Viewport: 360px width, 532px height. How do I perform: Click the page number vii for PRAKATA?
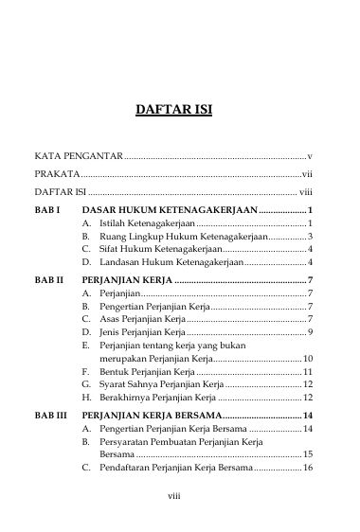pyautogui.click(x=307, y=175)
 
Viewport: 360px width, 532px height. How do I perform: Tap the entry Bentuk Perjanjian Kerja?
pyautogui.click(x=147, y=371)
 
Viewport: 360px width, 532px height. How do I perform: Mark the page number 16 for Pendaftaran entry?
pyautogui.click(x=308, y=468)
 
